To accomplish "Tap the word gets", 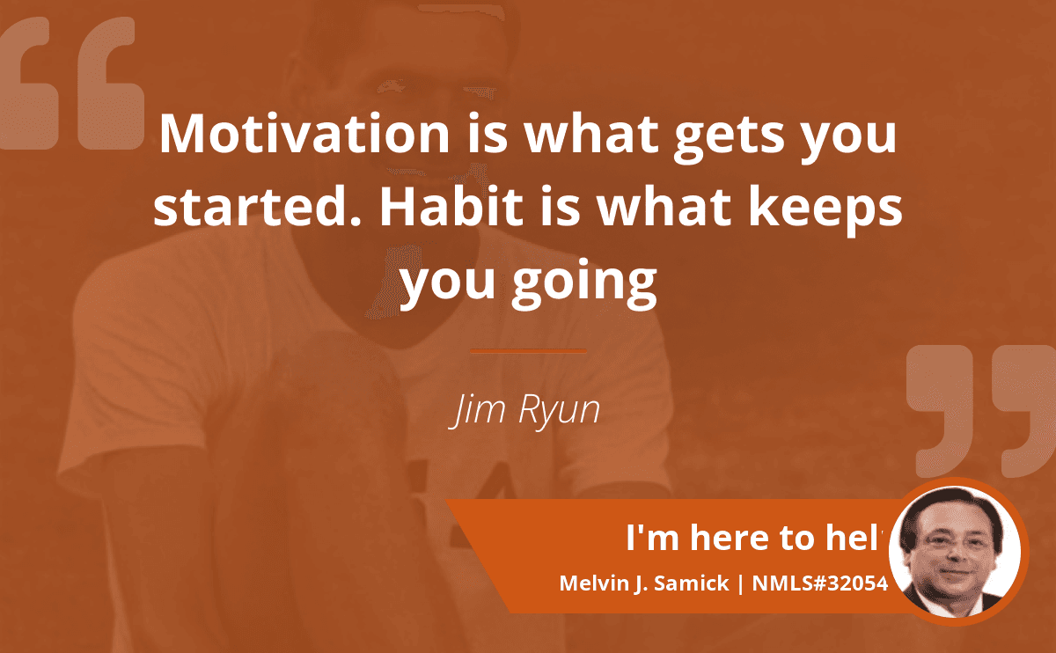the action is click(730, 136).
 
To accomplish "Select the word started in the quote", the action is click(253, 207).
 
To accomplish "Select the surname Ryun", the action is click(559, 412).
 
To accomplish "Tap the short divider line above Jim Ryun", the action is click(529, 351).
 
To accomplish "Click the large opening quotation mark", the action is click(72, 84).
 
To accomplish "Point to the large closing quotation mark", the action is click(981, 411).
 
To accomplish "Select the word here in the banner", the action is click(729, 538).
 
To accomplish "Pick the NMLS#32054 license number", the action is click(820, 583).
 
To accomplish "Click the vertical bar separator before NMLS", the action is click(740, 583).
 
